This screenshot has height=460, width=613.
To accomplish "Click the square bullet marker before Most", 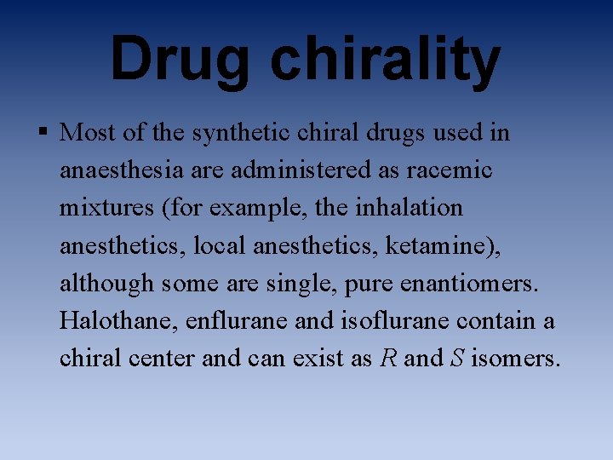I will click(43, 134).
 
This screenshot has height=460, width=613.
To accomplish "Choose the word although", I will click(102, 283).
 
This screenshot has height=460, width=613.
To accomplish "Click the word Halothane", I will click(109, 320).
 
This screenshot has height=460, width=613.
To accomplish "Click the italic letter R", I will click(388, 358).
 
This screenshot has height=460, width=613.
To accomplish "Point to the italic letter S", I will click(456, 358).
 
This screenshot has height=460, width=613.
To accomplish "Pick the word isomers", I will click(516, 358).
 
